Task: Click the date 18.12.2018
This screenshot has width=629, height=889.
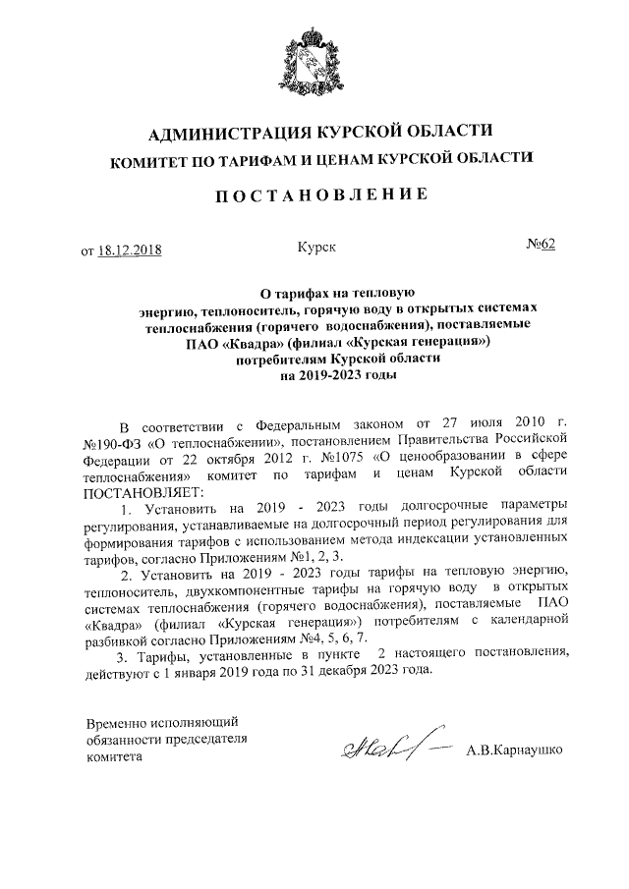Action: (x=130, y=249)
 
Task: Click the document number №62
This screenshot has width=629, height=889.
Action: (x=539, y=246)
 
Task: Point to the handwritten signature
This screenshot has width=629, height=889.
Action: (x=387, y=750)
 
